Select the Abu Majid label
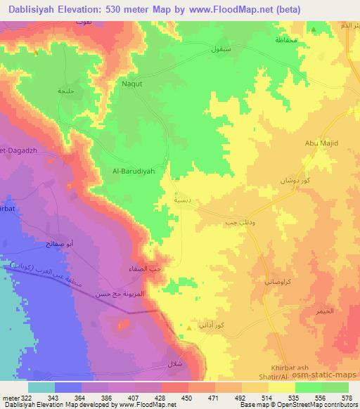(322, 143)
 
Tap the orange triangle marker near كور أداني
(188, 327)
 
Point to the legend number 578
(347, 398)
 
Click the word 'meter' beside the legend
(9, 398)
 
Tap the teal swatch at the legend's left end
(41, 387)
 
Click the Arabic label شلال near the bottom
(174, 364)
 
